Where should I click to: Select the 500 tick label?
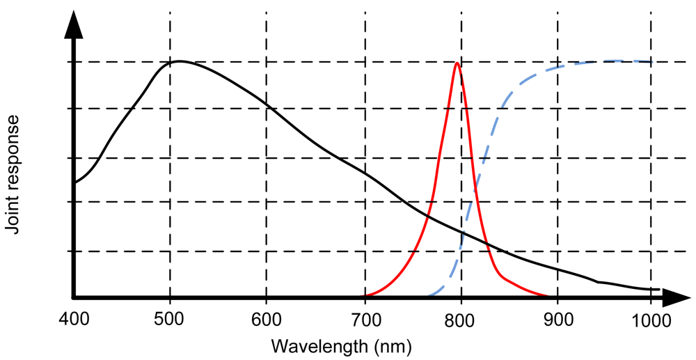[x=170, y=322]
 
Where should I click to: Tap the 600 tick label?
[x=266, y=322]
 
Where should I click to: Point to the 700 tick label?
[x=363, y=322]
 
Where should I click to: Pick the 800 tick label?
[x=459, y=322]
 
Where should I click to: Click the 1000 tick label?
[x=651, y=322]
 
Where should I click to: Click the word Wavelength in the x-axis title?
[x=319, y=345]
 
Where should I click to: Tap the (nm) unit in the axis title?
[x=392, y=345]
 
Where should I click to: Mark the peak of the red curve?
[x=457, y=63]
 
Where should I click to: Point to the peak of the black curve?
[x=179, y=61]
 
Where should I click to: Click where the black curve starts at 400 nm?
[x=74, y=182]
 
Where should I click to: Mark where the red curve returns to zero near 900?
[x=550, y=296]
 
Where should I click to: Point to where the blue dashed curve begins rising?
[x=428, y=295]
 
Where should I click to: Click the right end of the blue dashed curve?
[x=651, y=61]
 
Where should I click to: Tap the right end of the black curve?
[x=658, y=288]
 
